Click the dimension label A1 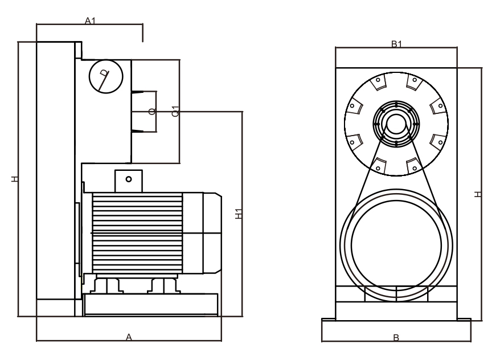pos(89,21)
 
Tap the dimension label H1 pos(239,214)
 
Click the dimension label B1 pos(396,44)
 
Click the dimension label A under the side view pos(129,338)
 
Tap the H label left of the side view pos(15,179)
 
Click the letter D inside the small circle pos(104,73)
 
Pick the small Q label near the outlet pos(150,111)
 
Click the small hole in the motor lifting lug pos(129,179)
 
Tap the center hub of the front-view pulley pos(396,123)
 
